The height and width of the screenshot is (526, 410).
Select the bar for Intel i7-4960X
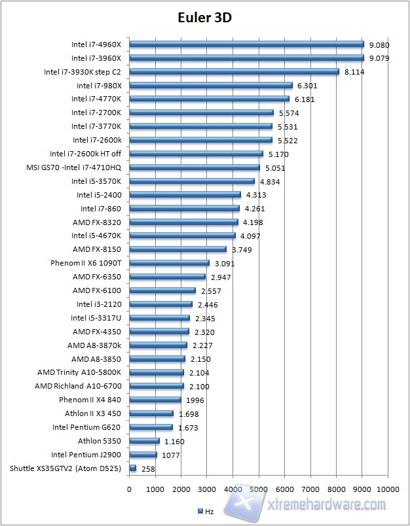[246, 44]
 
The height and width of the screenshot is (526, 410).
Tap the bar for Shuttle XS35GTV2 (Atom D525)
[133, 468]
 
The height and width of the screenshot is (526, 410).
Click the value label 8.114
[354, 72]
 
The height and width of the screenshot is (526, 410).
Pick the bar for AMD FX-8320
[184, 222]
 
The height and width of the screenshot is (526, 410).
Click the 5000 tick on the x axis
[259, 489]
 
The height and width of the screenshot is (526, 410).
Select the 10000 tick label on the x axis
[388, 489]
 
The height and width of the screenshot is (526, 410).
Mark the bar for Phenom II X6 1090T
[170, 263]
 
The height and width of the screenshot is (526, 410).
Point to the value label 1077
[170, 455]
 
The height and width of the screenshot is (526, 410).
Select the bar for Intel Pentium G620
[151, 427]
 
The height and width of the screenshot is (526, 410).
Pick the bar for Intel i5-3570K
[192, 181]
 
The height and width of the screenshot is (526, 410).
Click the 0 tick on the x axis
[130, 489]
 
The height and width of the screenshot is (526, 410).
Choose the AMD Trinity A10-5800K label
[84, 372]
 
